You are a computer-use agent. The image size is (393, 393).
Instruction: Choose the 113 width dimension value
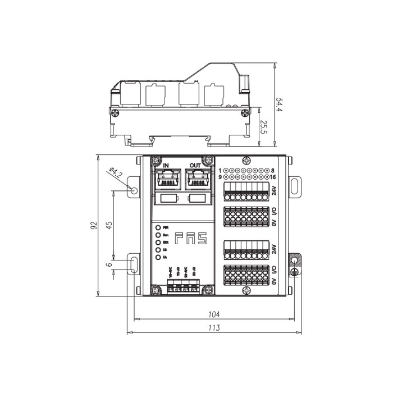213,327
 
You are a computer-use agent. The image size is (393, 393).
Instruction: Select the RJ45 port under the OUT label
196,178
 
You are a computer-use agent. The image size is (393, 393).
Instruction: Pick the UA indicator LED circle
158,257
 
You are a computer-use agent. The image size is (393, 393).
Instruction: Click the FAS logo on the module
190,239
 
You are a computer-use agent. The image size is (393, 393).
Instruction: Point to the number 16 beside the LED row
273,177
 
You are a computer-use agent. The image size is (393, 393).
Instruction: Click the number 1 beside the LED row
221,170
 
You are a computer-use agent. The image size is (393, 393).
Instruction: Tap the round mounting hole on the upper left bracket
134,190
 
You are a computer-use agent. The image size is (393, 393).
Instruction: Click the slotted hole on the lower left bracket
134,265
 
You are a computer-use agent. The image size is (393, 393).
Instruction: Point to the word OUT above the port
195,164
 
